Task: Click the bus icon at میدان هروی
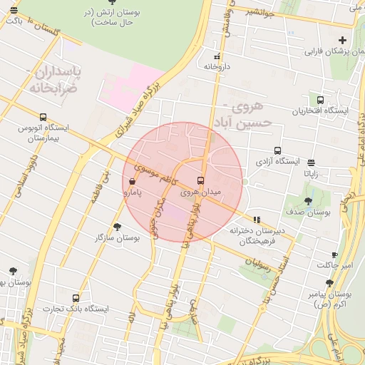(x=200, y=180)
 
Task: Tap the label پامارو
(x=133, y=192)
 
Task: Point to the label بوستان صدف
(x=309, y=212)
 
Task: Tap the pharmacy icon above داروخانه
(x=217, y=56)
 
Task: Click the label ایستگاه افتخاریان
(x=320, y=111)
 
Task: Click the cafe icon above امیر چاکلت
(x=334, y=255)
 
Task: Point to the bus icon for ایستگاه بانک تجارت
(x=76, y=298)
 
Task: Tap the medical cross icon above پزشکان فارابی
(x=343, y=40)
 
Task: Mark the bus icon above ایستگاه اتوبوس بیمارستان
(x=43, y=117)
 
